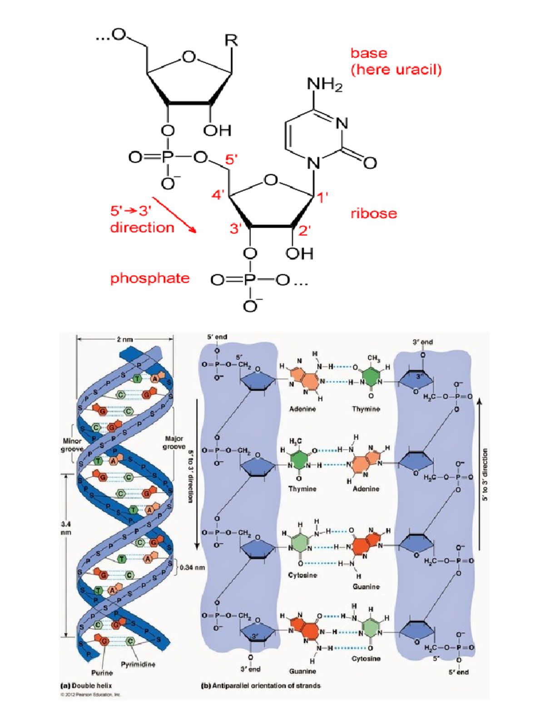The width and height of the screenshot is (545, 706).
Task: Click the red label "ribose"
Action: [x=373, y=214]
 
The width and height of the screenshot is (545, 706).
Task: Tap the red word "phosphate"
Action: [x=150, y=278]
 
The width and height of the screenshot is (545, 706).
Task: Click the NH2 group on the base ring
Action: [x=325, y=85]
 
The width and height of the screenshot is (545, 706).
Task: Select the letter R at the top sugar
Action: [x=231, y=40]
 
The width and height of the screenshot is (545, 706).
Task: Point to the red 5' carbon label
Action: [x=231, y=160]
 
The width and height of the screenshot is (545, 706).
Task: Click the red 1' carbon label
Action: [x=322, y=197]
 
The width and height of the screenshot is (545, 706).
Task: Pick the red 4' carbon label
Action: [x=218, y=195]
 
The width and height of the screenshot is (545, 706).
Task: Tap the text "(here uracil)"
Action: [x=396, y=70]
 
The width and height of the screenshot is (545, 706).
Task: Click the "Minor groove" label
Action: [x=72, y=445]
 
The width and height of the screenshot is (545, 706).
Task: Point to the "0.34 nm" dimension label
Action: [x=192, y=567]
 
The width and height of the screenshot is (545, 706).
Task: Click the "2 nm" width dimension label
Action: [x=125, y=339]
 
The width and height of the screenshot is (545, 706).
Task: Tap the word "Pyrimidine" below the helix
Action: [x=138, y=665]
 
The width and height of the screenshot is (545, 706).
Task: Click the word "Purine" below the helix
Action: [x=102, y=673]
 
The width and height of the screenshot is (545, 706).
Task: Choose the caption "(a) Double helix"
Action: [x=86, y=686]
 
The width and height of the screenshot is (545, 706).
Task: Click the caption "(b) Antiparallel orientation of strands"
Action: [x=260, y=686]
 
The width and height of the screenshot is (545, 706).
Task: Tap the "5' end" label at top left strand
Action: [x=217, y=337]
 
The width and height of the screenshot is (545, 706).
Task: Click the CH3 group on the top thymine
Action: [x=373, y=358]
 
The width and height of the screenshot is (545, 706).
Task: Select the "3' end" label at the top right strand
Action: [x=422, y=342]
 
